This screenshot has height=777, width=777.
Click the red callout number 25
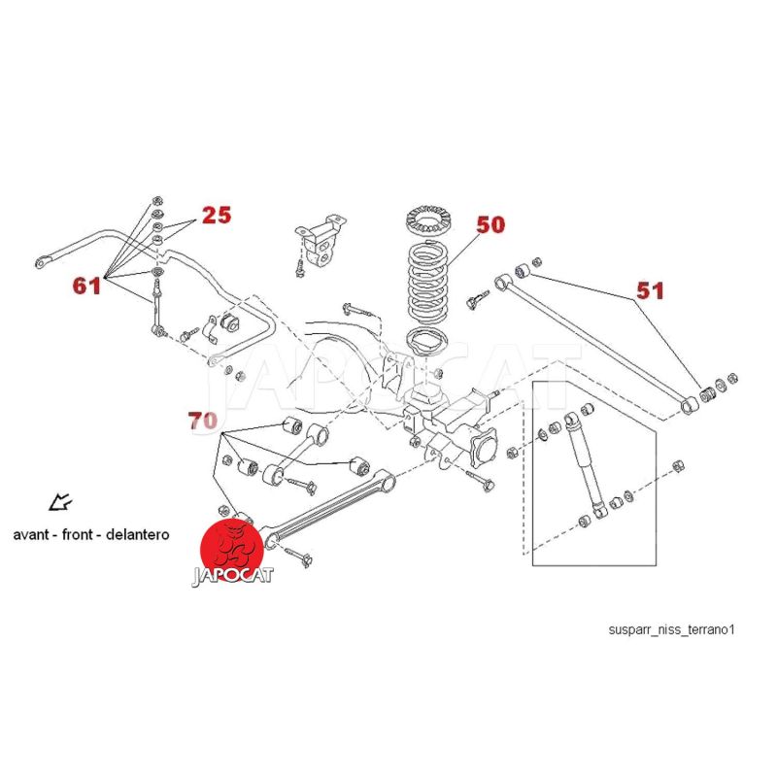[x=217, y=215]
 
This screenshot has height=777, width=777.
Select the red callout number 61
[x=86, y=286]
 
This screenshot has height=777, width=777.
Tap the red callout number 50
[x=490, y=225]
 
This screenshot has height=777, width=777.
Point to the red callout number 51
[x=652, y=289]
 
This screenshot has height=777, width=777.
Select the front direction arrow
[x=60, y=502]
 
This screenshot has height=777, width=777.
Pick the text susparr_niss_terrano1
[x=672, y=628]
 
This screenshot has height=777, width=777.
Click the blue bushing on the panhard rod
[x=523, y=267]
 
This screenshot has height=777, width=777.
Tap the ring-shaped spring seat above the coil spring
[x=423, y=219]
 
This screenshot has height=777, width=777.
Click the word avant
[x=32, y=534]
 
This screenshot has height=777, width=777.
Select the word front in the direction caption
[x=80, y=534]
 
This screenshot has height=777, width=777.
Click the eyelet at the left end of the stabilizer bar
[x=45, y=259]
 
